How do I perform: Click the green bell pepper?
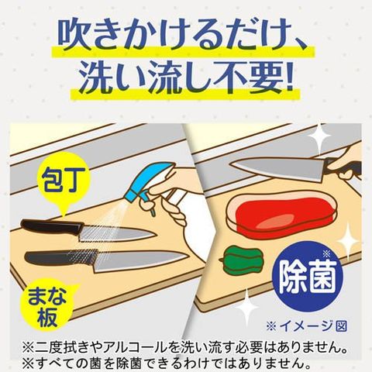pyautogui.click(x=242, y=260)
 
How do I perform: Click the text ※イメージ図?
pyautogui.click(x=306, y=326)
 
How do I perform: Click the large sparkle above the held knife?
pyautogui.click(x=319, y=137)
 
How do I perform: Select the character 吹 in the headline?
pyautogui.click(x=73, y=34)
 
